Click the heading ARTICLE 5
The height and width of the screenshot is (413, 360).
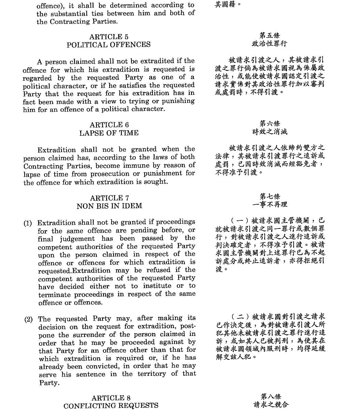(x=109, y=37)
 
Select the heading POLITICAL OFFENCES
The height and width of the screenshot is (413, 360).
(x=109, y=45)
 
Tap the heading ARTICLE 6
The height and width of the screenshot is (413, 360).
(x=109, y=125)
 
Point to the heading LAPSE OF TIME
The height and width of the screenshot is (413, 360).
(x=109, y=133)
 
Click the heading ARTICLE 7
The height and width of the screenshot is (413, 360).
(x=109, y=198)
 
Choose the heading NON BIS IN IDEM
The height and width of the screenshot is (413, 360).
(x=109, y=206)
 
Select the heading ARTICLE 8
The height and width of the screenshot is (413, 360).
(x=111, y=398)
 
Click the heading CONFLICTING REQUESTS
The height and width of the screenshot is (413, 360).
(x=111, y=406)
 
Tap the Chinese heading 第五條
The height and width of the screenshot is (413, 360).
(x=270, y=35)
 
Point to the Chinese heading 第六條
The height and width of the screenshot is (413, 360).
(x=270, y=123)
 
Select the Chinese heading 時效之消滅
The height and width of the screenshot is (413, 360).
(x=270, y=132)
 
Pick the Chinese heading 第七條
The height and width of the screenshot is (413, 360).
(x=270, y=196)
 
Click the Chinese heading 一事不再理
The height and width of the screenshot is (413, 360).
(x=270, y=205)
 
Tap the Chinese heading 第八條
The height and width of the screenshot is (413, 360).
(x=271, y=397)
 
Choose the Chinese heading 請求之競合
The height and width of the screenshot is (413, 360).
(x=271, y=405)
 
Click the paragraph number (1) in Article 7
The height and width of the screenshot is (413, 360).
(x=28, y=223)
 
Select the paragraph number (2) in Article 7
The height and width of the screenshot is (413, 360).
(x=28, y=320)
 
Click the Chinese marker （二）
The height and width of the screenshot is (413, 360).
(x=240, y=316)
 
